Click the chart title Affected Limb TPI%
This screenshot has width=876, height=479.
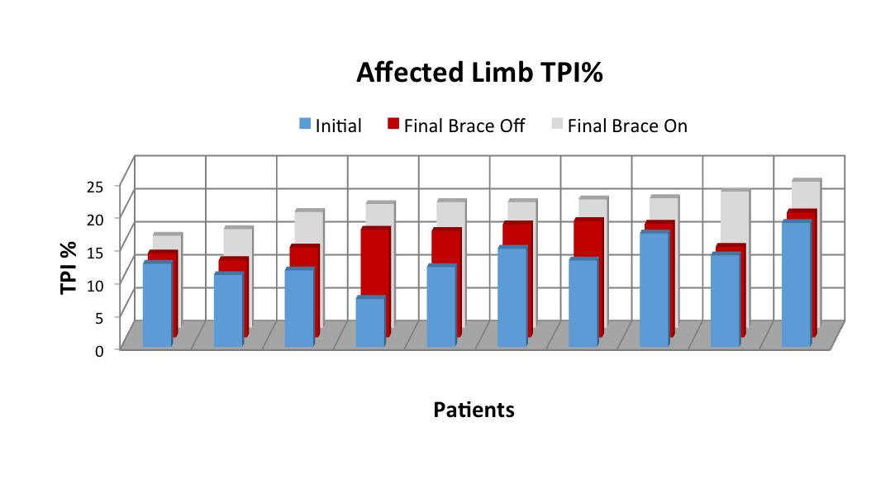480,74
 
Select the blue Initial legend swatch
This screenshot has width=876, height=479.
304,126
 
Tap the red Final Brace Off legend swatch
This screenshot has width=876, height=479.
393,126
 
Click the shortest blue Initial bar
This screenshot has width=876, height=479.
369,321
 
